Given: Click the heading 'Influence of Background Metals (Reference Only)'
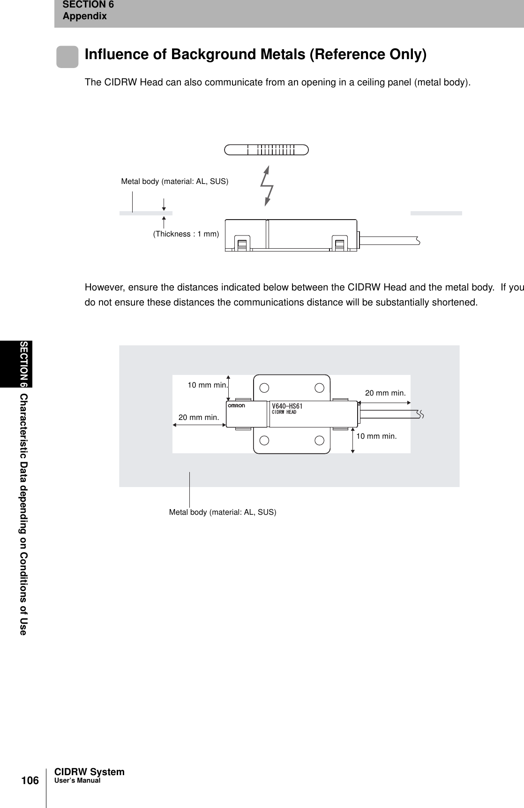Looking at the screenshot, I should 255,54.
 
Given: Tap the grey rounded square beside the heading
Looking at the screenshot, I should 67,57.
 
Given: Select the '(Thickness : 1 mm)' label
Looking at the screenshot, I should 186,234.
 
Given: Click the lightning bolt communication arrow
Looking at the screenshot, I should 268,186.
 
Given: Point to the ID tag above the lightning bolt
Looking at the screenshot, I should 266,150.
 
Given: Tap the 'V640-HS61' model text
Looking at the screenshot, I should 287,406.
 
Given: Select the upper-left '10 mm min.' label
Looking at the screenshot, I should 207,385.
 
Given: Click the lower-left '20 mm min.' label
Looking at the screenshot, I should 199,417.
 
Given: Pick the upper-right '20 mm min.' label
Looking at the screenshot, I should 385,393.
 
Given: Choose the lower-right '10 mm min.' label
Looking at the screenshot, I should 376,436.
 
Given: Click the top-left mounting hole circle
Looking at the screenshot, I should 264,388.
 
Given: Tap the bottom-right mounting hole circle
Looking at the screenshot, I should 320,440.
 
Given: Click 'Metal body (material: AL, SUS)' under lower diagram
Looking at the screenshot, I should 223,512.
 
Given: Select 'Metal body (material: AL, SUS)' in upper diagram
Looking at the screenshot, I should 175,181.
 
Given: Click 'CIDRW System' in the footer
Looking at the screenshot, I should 90,772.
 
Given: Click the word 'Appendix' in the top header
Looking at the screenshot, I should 85,16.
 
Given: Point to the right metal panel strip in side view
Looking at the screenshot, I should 436,213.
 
